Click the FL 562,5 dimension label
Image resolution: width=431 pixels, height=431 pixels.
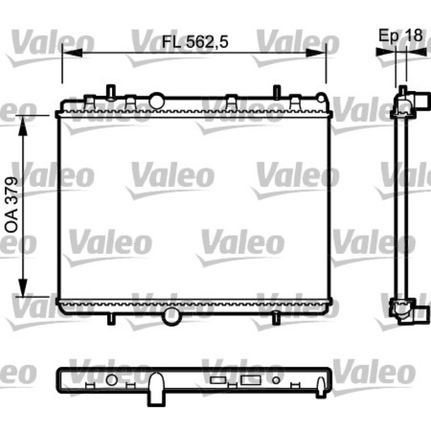[195, 42]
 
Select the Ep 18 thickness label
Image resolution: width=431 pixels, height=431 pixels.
[400, 35]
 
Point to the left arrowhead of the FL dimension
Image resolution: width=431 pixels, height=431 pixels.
[72, 53]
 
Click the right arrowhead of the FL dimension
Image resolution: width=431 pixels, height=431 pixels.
[316, 53]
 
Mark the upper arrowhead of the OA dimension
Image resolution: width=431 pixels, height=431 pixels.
[23, 126]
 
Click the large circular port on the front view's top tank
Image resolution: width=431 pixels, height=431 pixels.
[157, 101]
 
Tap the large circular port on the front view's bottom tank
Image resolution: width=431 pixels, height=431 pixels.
[172, 316]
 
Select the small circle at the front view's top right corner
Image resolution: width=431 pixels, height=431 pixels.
[321, 98]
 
